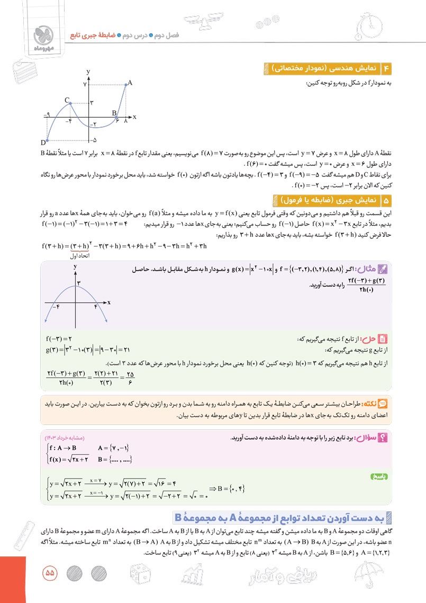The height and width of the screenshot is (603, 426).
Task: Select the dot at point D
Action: pyautogui.click(x=47, y=140)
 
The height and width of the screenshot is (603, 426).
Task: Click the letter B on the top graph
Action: pyautogui.click(x=114, y=112)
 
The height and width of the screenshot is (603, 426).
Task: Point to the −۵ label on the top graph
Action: pyautogui.click(x=93, y=140)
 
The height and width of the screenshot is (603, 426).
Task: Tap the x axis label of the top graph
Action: pyautogui.click(x=134, y=116)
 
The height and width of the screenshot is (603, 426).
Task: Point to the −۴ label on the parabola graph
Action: pyautogui.click(x=56, y=307)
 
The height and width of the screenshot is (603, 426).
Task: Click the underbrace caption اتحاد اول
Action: pyautogui.click(x=79, y=256)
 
